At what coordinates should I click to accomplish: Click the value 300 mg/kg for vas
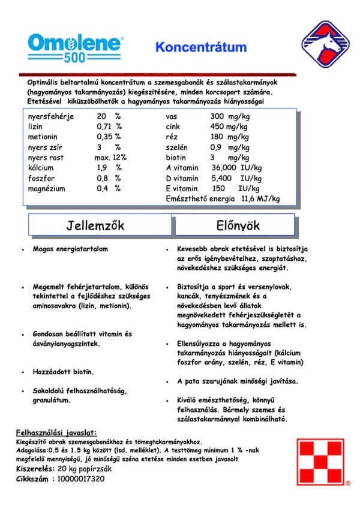(x=230, y=116)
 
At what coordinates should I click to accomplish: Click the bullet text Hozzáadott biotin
(x=63, y=372)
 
